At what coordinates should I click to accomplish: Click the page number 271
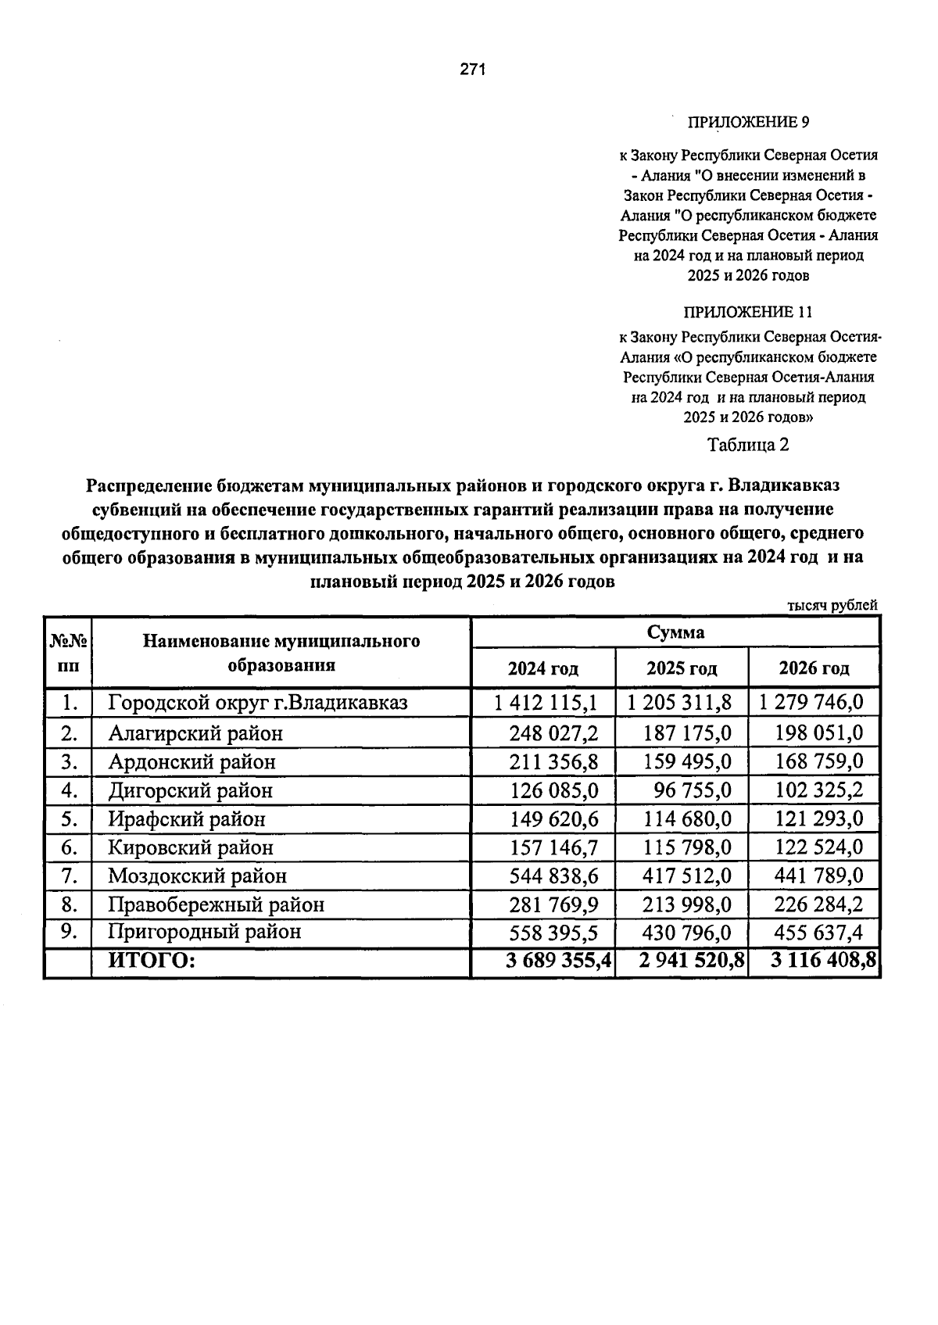coord(473,70)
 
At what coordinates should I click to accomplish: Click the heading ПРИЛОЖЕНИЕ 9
coord(748,123)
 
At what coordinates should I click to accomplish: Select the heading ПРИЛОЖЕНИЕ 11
coord(748,313)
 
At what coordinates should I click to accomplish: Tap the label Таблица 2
coord(748,445)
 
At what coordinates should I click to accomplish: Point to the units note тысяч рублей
coord(832,605)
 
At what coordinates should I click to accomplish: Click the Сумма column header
coord(675,632)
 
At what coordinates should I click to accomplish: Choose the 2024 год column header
coord(543,669)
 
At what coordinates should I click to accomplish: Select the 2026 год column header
coord(814,669)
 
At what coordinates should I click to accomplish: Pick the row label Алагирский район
coord(195,733)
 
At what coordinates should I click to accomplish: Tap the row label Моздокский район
coord(197,876)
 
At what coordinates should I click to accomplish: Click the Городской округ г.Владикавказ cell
coord(258,703)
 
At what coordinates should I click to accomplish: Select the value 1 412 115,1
coord(546,703)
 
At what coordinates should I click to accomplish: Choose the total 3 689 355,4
coord(558,962)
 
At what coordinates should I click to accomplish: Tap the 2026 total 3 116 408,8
coord(823,962)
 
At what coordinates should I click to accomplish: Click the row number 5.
coord(69,819)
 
